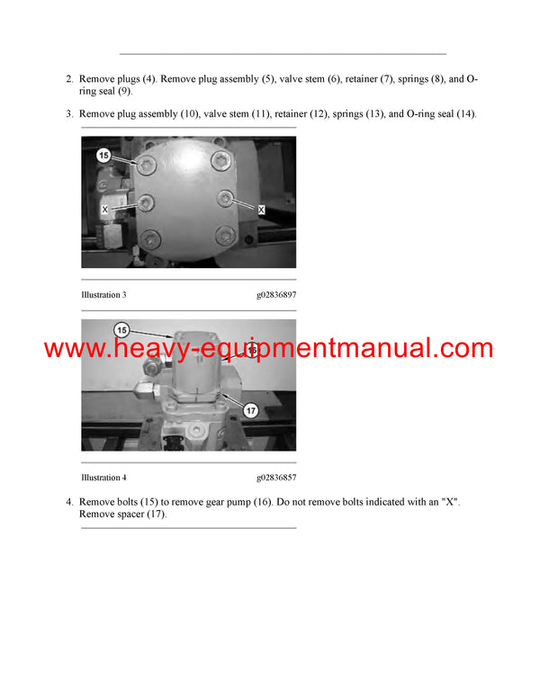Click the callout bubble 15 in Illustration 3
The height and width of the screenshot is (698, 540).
103,156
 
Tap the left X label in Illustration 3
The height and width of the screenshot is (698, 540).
105,208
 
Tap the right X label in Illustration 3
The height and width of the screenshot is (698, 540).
261,209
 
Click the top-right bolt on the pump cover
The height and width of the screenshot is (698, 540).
219,161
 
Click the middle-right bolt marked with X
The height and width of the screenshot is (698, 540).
226,198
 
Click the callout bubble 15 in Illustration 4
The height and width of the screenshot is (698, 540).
121,329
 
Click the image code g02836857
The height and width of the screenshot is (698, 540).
276,478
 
